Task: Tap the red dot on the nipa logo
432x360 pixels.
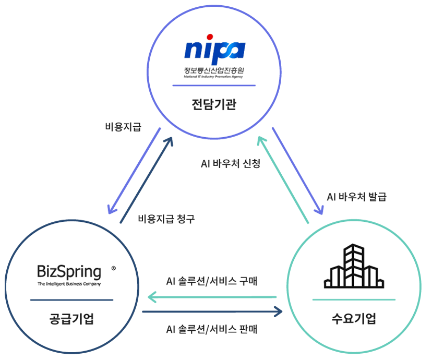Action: click(x=210, y=37)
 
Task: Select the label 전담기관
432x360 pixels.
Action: click(x=214, y=104)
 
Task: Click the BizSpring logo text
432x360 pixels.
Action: click(x=69, y=272)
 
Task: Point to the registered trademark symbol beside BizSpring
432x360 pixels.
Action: click(x=114, y=268)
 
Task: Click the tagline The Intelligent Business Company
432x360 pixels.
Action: click(x=69, y=284)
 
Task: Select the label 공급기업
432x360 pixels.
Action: click(x=71, y=319)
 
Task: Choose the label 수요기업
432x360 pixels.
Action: click(x=354, y=318)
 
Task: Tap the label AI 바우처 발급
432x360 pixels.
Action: click(x=357, y=197)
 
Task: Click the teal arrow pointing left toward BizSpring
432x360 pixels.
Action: click(x=211, y=297)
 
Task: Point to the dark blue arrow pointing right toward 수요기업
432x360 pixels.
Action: click(x=211, y=312)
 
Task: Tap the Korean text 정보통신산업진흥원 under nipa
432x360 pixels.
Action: click(x=214, y=70)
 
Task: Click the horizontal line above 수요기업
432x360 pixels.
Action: click(x=354, y=299)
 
